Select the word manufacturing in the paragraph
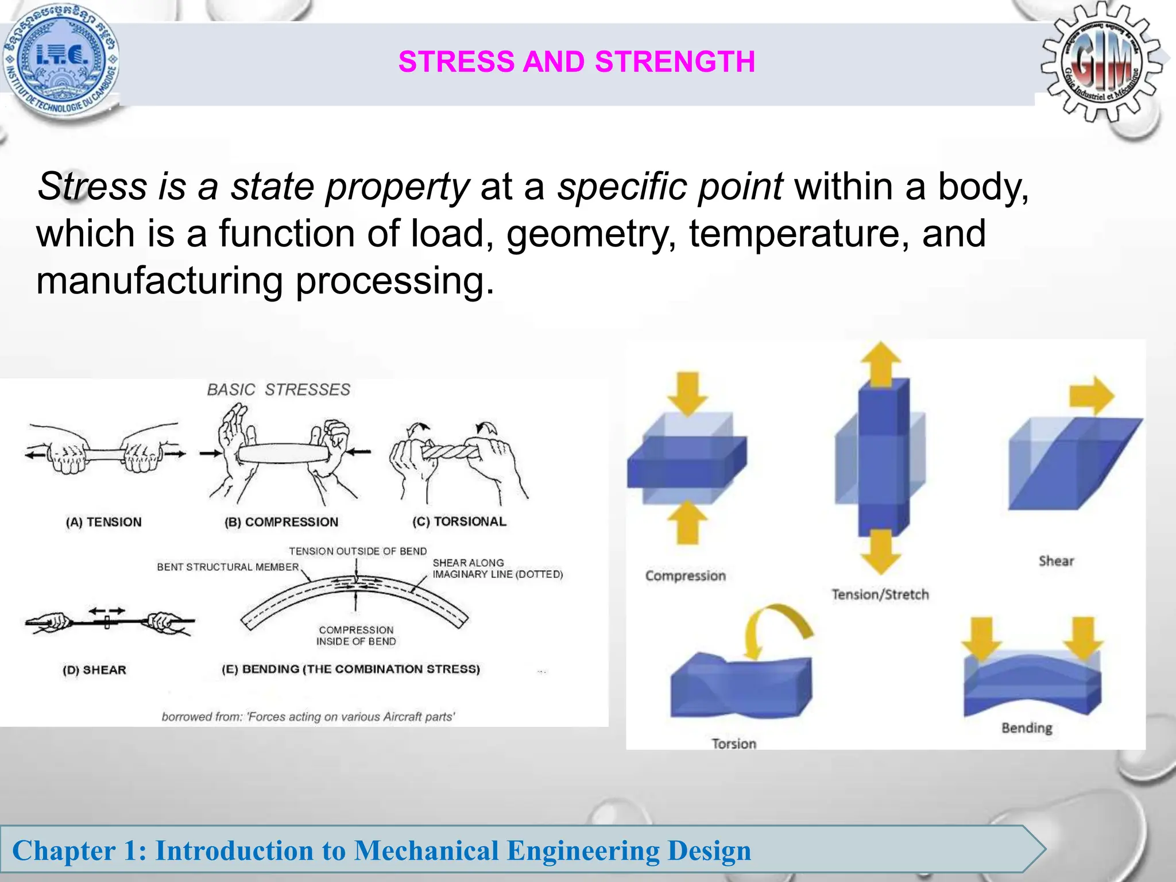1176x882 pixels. [159, 281]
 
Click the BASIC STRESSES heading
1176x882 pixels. [278, 390]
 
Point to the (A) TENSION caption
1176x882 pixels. [103, 522]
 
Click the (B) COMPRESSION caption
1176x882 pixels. [281, 522]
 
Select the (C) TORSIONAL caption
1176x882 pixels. [459, 521]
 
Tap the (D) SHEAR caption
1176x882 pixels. [94, 670]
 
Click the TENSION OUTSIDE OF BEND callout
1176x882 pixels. [358, 551]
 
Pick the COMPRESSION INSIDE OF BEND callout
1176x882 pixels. [356, 636]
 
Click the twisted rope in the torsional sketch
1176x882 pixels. [451, 451]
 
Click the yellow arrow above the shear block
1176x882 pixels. [1091, 396]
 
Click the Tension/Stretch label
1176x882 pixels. [880, 594]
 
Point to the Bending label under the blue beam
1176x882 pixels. [1027, 728]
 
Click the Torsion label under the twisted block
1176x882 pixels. [734, 744]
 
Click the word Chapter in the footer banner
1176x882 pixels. [64, 850]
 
